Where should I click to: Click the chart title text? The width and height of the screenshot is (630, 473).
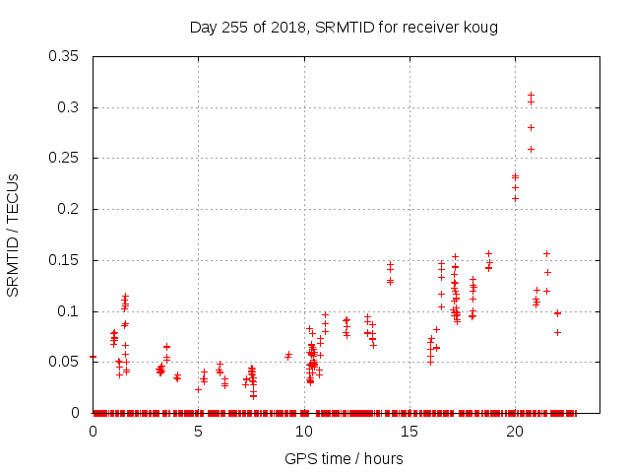click(344, 27)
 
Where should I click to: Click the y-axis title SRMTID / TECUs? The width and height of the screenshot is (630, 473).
click(14, 235)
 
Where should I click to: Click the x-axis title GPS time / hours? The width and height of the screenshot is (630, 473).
click(344, 458)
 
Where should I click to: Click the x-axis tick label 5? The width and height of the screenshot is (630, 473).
click(199, 432)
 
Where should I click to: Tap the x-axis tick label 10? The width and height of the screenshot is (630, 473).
click(304, 432)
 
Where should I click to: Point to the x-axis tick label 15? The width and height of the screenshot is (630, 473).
click(409, 432)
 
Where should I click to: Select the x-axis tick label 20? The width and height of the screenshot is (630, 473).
click(515, 432)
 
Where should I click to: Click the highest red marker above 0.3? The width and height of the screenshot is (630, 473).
click(532, 96)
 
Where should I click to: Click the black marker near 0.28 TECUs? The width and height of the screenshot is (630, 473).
click(532, 127)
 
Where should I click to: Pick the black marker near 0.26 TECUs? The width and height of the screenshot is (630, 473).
click(532, 149)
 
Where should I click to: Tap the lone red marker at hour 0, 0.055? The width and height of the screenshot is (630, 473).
click(94, 357)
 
